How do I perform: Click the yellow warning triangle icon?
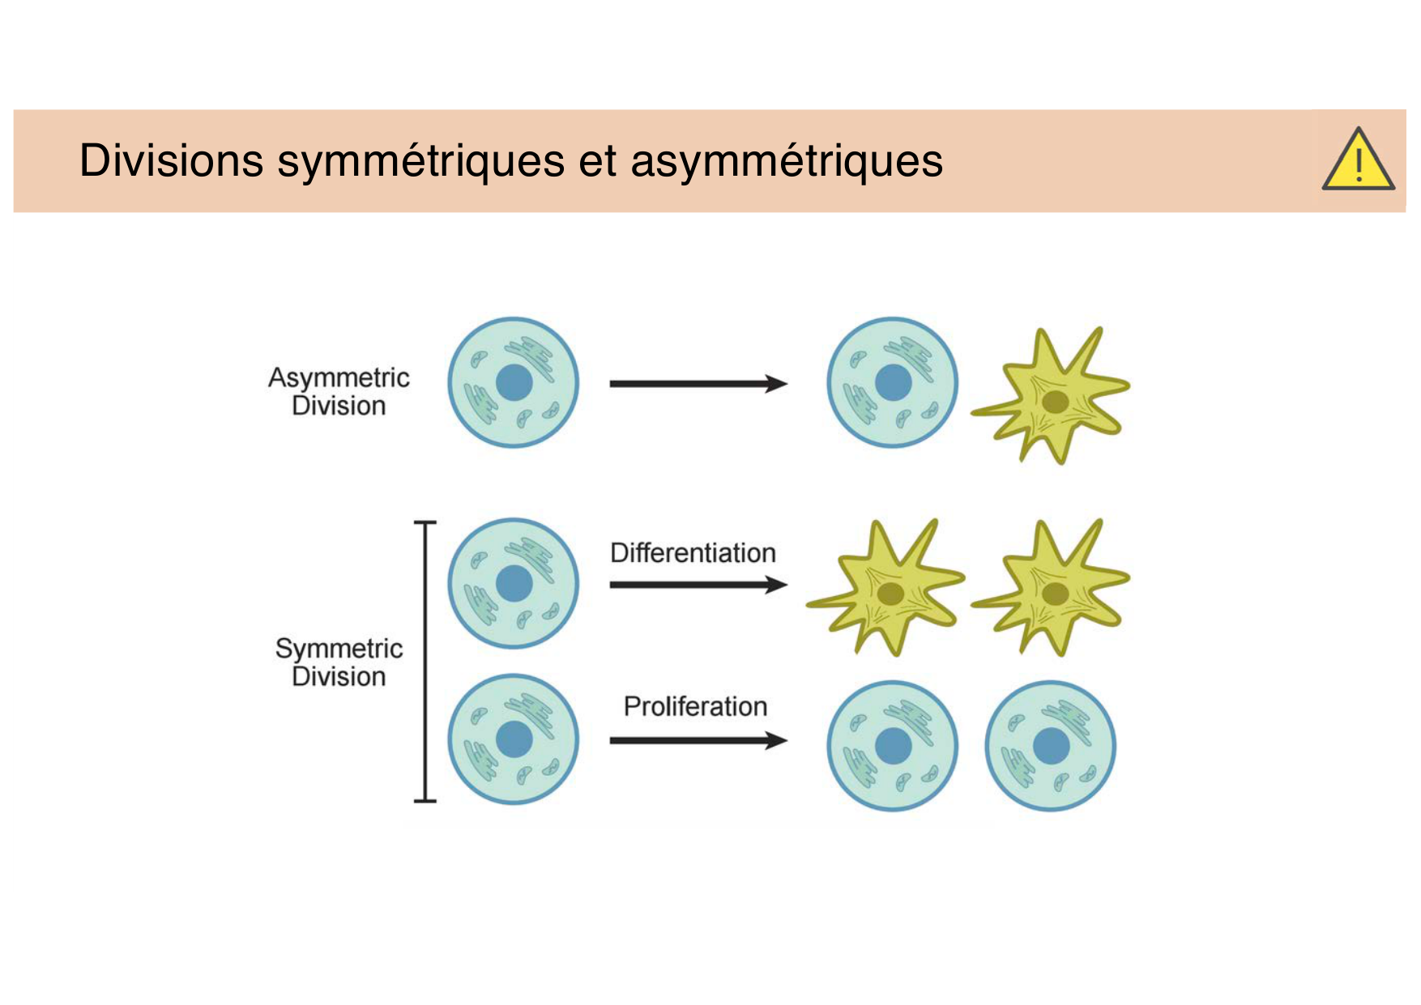point(1358,161)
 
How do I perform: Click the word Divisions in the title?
point(171,160)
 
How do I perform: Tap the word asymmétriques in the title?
point(786,160)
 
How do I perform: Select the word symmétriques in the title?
point(420,160)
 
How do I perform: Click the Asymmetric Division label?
point(339,391)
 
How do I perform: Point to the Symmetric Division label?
point(339,662)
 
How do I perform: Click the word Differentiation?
point(693,553)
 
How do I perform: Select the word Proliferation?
point(695,706)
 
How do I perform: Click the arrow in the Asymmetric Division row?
point(698,384)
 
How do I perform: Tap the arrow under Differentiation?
point(698,585)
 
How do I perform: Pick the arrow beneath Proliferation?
point(698,740)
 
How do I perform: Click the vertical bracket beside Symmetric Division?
point(425,662)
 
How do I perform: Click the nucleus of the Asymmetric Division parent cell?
point(514,383)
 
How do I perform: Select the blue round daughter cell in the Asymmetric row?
point(892,382)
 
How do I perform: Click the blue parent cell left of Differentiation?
point(514,584)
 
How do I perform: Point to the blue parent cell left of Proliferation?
point(514,739)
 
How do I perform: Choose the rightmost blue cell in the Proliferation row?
point(1050,746)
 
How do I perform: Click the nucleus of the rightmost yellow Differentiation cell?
point(1054,594)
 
